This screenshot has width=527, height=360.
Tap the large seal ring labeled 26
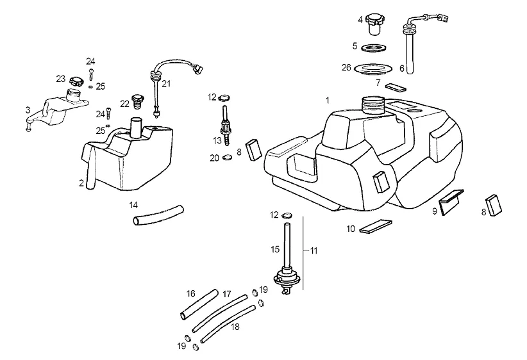(373, 69)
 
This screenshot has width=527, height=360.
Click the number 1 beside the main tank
(328, 100)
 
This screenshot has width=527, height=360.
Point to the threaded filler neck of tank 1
(373, 106)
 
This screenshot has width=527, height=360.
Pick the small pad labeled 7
(396, 88)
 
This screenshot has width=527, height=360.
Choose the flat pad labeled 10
(376, 226)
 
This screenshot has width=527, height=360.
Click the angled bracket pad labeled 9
(452, 202)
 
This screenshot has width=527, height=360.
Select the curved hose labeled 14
(158, 215)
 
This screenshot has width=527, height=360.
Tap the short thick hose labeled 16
(199, 304)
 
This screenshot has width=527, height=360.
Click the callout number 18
(235, 326)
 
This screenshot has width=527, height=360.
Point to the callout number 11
(314, 250)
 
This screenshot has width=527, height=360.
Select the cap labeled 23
(76, 81)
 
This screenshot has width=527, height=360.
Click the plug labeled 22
(138, 101)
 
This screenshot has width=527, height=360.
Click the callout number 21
(166, 83)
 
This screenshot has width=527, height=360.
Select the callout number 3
(28, 110)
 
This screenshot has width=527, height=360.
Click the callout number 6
(401, 69)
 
